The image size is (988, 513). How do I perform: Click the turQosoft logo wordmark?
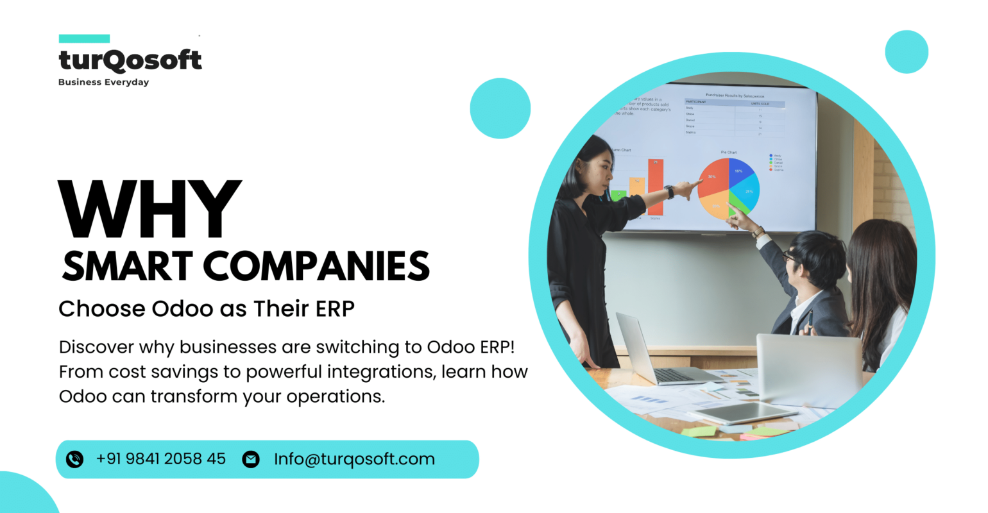[130, 60]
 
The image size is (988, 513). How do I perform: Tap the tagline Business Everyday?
[103, 82]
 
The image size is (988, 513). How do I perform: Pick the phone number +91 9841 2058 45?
[161, 459]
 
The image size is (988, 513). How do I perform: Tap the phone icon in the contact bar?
[75, 459]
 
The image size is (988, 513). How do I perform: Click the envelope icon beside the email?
[251, 459]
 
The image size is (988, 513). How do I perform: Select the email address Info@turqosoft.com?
[354, 459]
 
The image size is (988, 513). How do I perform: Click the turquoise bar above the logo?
[84, 38]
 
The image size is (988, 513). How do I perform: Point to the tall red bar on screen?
[655, 186]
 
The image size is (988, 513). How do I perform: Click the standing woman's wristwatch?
[670, 191]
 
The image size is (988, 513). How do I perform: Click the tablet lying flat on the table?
[751, 412]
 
